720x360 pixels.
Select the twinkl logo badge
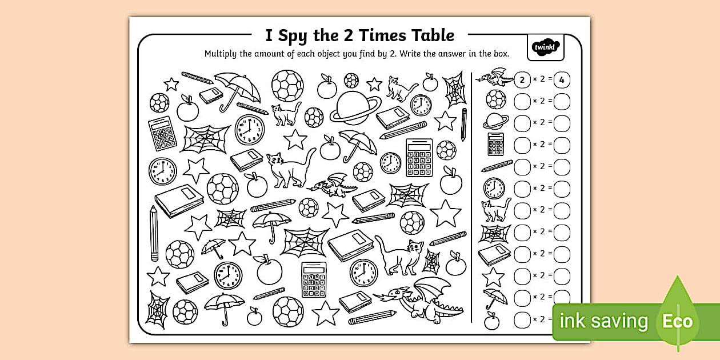545,47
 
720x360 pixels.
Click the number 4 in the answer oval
562,79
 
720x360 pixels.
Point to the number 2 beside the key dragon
522,79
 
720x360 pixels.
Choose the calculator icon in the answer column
495,143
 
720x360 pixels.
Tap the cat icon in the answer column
495,210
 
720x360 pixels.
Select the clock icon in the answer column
494,187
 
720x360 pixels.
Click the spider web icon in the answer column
494,232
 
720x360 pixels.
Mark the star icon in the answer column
493,277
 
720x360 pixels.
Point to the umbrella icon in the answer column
494,298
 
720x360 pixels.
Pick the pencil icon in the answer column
497,166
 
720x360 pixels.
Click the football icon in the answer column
495,99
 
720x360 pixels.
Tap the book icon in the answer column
494,254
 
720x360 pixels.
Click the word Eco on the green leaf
677,321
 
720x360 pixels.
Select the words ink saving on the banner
603,321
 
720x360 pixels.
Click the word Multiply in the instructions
222,54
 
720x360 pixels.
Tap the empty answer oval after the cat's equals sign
562,210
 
